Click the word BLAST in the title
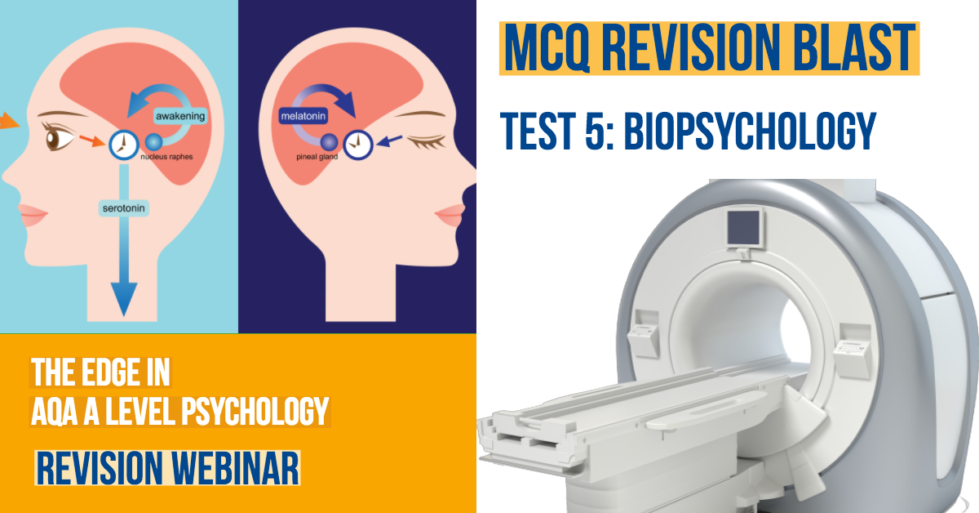(x=854, y=47)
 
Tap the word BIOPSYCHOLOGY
(x=750, y=131)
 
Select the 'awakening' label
(x=180, y=116)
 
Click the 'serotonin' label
(x=124, y=208)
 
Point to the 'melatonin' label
(x=303, y=116)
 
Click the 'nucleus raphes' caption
(x=166, y=157)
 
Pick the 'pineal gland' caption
(x=317, y=157)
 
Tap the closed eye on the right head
(x=426, y=142)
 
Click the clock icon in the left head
(x=124, y=145)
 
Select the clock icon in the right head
(x=358, y=145)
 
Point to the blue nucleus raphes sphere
(x=153, y=141)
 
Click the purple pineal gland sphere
(x=329, y=142)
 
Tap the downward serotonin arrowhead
(x=124, y=298)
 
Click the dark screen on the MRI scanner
(x=744, y=228)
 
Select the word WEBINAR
(x=235, y=468)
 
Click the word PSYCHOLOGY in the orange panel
(x=255, y=411)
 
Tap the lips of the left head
(x=32, y=215)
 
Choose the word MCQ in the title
(x=547, y=47)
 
